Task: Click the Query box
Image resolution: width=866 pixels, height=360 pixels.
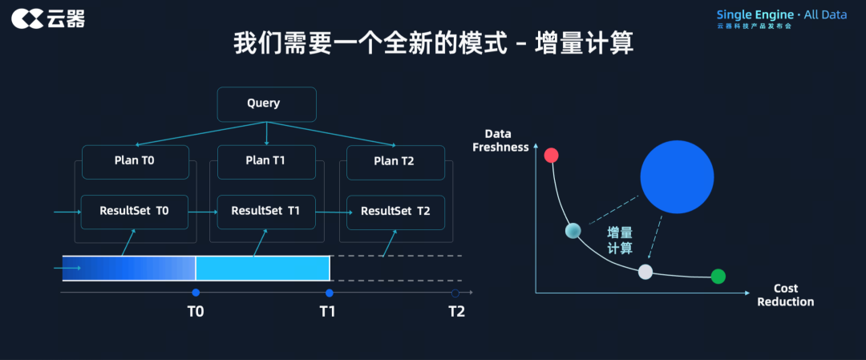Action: tap(266, 103)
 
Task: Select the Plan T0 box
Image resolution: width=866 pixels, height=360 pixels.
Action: tap(135, 160)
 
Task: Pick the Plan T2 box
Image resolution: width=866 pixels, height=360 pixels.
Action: tap(395, 161)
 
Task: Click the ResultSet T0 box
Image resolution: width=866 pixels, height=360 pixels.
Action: tap(135, 211)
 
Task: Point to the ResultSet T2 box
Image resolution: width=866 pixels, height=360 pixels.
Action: tap(395, 212)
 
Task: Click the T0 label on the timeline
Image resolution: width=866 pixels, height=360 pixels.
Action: tap(196, 311)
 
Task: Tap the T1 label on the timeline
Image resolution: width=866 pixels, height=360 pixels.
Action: tap(328, 311)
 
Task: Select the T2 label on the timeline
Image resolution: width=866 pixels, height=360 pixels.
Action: tap(456, 311)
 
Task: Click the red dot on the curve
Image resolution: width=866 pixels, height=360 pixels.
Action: tap(551, 156)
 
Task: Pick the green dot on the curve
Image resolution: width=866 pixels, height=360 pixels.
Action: tap(718, 277)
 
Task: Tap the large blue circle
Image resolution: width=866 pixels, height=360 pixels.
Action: tap(677, 177)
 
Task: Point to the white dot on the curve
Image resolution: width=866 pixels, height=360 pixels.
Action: tap(645, 272)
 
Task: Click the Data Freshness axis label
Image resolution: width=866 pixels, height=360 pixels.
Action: tap(501, 140)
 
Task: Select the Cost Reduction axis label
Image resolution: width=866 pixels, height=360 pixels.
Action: tap(785, 295)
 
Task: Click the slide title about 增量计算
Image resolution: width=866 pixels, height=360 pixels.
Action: tap(433, 43)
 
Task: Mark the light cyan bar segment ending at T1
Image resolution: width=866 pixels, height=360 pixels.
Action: tap(262, 268)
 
